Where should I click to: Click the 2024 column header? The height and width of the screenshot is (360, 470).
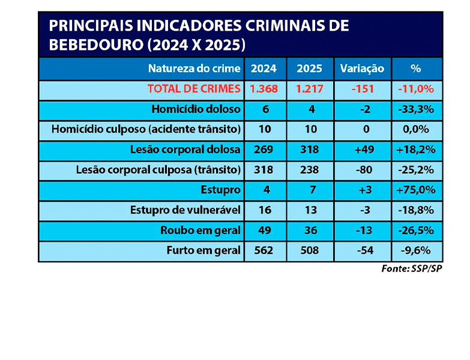264,68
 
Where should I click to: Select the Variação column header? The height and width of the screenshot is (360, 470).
362,68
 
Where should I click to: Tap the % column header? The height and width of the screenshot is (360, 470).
415,68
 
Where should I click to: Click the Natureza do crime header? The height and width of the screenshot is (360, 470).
194,68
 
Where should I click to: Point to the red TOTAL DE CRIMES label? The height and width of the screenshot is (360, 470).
194,89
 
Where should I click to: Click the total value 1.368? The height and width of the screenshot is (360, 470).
264,89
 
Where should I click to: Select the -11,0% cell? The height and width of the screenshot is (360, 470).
415,89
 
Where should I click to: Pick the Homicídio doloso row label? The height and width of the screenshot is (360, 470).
196,109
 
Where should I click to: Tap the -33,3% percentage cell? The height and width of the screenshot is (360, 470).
415,109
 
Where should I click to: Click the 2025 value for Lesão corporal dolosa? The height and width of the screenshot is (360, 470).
309,149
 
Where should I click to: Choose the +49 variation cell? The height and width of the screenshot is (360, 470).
362,149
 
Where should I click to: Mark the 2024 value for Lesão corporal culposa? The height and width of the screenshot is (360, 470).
264,170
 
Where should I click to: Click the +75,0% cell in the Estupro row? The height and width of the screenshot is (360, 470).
415,190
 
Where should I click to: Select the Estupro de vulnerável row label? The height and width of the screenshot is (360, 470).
185,210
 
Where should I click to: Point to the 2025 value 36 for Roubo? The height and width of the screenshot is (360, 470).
309,230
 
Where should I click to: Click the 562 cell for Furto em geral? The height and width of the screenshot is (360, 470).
264,250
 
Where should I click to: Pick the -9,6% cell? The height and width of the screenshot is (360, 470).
415,250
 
